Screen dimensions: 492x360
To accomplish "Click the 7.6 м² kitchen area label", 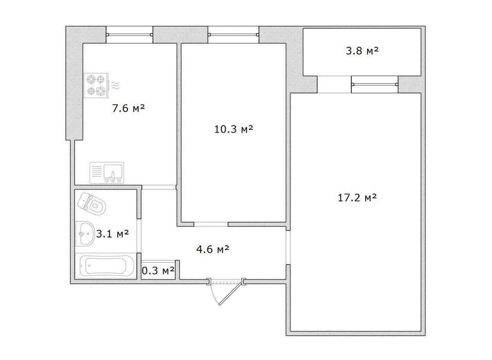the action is coord(129,109).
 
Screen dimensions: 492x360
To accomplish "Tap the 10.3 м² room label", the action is coord(233,129).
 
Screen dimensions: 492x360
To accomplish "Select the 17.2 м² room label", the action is coord(357,197).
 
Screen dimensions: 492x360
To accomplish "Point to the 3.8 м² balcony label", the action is coord(362,50).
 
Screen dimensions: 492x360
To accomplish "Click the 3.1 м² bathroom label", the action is coord(112,233).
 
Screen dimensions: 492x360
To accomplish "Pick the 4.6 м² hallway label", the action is coord(213,249).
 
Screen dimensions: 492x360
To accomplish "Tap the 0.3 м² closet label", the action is coord(158,270).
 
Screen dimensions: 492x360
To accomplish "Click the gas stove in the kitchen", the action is coord(96,85).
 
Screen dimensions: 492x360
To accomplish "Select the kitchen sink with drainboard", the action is coord(107,173).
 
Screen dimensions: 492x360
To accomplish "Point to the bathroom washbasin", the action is coord(85,234).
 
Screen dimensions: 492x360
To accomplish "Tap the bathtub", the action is coord(106,265).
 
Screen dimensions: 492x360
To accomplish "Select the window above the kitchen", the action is coord(129,34).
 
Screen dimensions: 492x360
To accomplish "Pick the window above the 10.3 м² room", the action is coord(233,34).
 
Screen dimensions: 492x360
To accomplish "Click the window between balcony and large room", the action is coord(375,84).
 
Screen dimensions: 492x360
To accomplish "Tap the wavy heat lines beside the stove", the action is coord(116,85).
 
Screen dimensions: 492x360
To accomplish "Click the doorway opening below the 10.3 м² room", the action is coord(211,224).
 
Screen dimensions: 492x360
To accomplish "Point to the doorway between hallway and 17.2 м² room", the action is coord(288,247).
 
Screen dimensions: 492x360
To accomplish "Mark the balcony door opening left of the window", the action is coord(334,84).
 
